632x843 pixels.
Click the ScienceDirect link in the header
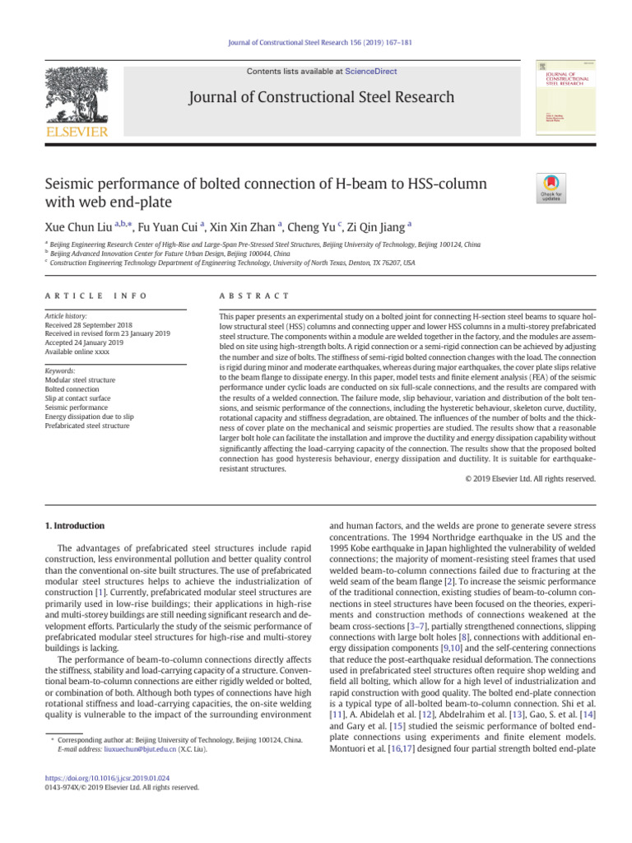[x=370, y=72]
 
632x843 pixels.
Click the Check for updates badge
[x=550, y=188]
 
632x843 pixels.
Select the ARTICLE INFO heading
[x=81, y=296]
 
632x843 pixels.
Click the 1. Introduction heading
[x=73, y=525]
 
